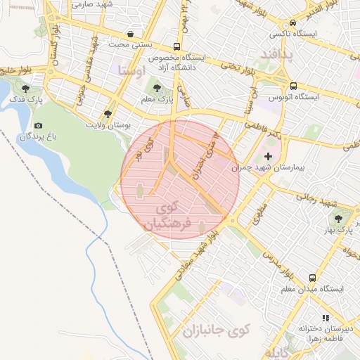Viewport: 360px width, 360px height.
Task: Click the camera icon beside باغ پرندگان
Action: [x=37, y=125]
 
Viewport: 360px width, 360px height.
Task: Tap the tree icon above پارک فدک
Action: [x=26, y=89]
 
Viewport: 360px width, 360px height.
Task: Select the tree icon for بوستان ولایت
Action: [x=108, y=113]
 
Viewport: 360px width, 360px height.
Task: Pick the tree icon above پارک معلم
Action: [x=156, y=89]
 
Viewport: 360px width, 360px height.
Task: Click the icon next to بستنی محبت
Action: [x=131, y=34]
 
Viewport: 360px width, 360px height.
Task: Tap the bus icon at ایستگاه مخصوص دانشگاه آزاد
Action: [x=176, y=48]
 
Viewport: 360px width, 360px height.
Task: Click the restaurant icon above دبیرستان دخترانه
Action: [x=325, y=317]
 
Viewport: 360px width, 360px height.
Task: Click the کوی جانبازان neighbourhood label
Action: [x=215, y=330]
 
